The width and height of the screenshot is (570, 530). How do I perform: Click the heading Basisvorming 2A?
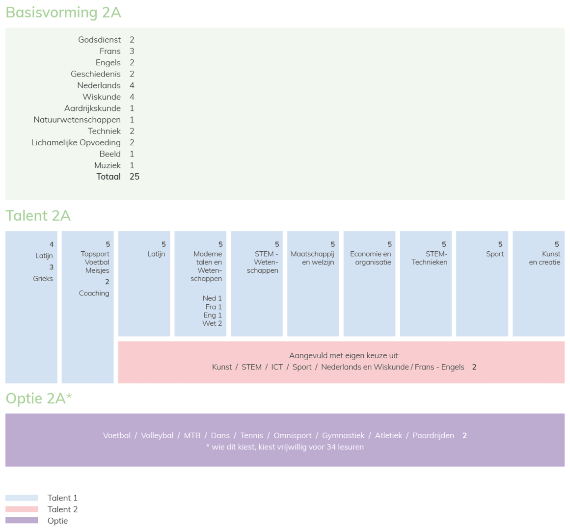coord(63,12)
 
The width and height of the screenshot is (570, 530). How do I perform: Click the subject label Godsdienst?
coord(99,40)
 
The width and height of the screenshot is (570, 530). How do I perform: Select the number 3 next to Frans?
coord(132,51)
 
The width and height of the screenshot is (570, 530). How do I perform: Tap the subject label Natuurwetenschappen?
coord(77,120)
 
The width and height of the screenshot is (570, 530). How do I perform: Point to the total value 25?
coord(135,177)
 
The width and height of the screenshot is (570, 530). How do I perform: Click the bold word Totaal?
coord(109,177)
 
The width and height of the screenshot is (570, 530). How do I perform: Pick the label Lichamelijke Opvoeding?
coord(76,142)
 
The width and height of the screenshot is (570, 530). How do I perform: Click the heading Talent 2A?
coord(38,215)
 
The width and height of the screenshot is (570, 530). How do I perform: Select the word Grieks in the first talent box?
coord(43,279)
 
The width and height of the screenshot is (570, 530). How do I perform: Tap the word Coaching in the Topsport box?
coord(94,293)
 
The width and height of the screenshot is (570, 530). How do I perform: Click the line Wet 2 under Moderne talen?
coord(212,323)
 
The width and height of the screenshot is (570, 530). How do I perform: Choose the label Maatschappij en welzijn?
coord(312,258)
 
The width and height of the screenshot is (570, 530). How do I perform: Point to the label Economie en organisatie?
coord(371,258)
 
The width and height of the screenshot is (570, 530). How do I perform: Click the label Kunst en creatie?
coord(544,258)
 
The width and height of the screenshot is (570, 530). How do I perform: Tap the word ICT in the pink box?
coord(276,367)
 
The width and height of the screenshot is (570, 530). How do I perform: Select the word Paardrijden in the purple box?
coord(433,436)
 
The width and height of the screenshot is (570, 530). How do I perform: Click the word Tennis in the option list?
coord(251,436)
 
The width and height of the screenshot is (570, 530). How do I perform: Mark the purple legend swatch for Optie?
coord(22,521)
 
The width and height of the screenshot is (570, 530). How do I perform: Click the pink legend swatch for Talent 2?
coord(22,509)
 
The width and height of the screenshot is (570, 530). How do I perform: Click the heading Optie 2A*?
coord(39,398)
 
